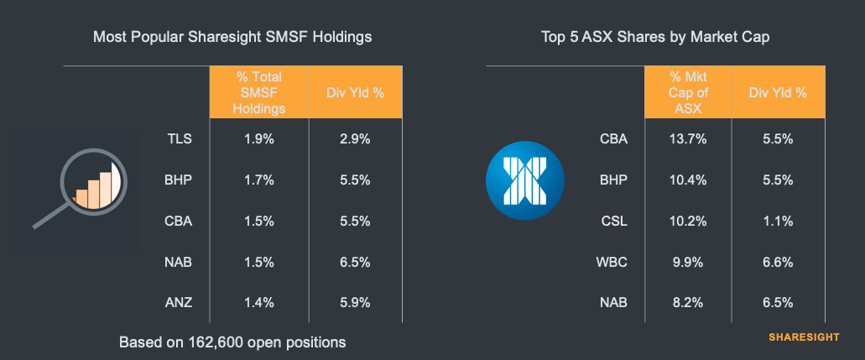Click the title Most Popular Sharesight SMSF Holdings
pos(232,37)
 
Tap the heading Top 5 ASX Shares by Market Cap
pos(654,37)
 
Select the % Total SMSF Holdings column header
pos(260,92)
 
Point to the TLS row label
pos(180,139)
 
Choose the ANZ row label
pos(179,303)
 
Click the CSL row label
pos(611,221)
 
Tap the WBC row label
pos(609,262)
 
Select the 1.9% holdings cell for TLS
pos(260,139)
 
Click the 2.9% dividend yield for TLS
pos(355,139)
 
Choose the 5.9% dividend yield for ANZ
pos(355,303)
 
